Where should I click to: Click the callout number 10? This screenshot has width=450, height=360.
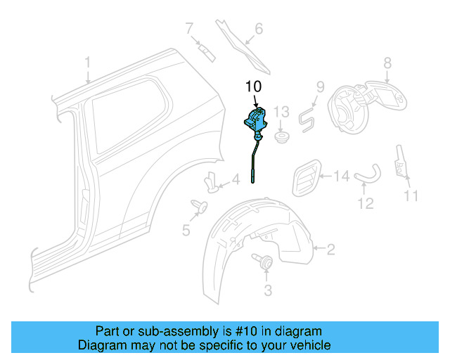point(252,86)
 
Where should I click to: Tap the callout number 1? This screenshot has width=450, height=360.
point(87,63)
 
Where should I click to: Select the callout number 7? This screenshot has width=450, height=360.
point(188,29)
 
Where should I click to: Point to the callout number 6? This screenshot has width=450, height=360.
point(258,29)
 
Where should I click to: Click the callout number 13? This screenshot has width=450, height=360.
point(281,112)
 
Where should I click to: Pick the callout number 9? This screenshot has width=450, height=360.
point(319,87)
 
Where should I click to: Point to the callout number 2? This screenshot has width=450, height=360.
point(331,247)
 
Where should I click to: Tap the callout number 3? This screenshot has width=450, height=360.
point(267,290)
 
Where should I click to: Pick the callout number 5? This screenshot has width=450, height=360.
point(186,229)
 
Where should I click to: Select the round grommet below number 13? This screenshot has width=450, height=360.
point(281,136)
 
